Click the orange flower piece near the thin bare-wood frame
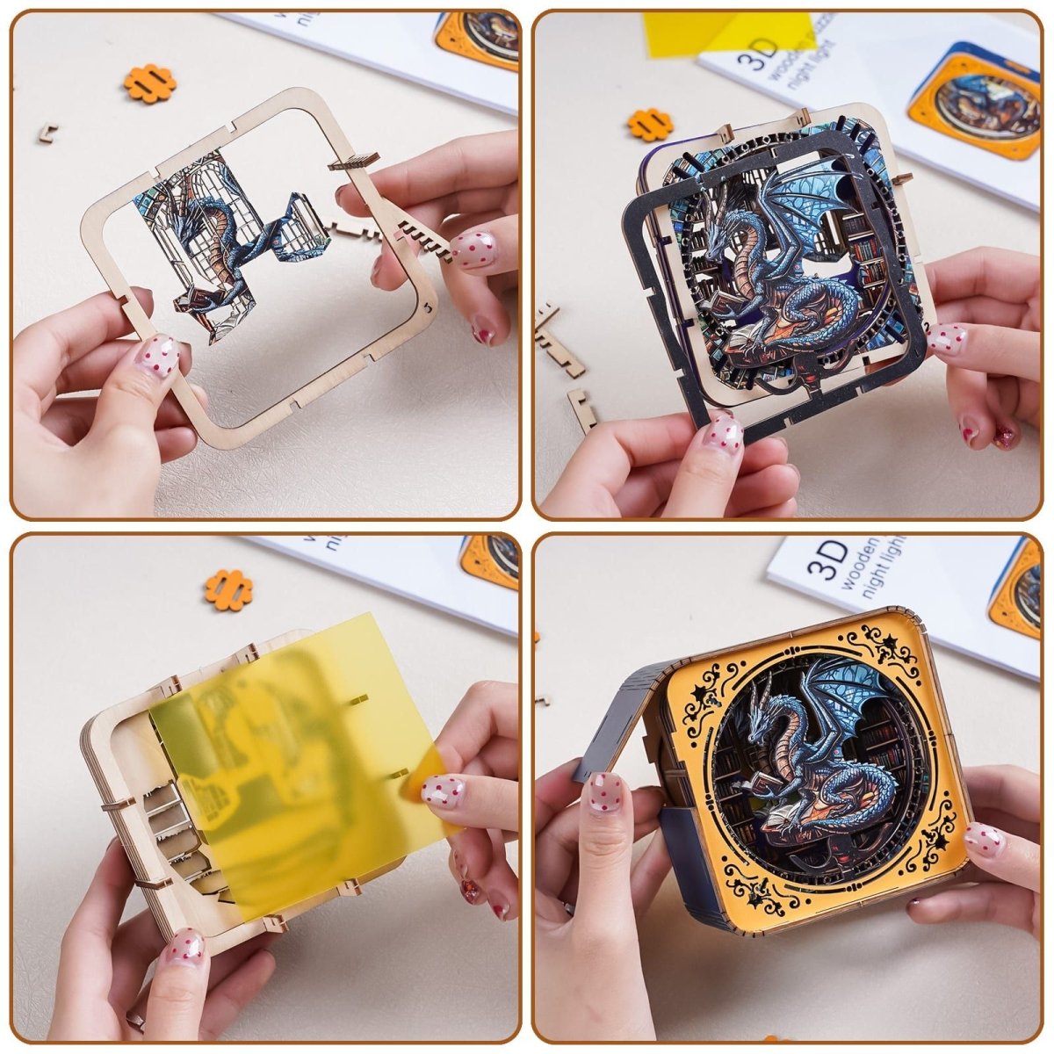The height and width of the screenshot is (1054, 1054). (149, 83)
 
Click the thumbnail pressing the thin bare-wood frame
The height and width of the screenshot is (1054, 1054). (156, 355)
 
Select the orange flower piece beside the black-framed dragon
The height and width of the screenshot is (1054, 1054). (650, 124)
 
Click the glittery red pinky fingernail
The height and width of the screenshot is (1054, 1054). (1004, 436)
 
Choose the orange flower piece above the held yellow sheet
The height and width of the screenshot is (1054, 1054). (228, 589)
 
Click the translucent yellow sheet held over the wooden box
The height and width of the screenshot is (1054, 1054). (290, 755)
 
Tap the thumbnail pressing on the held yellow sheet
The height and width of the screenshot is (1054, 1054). (442, 792)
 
